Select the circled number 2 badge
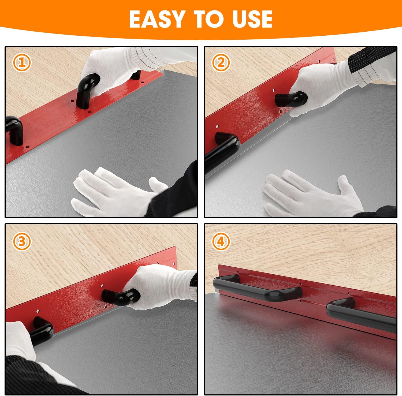[221, 62]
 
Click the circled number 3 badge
[22, 241]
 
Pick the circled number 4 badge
[221, 242]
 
